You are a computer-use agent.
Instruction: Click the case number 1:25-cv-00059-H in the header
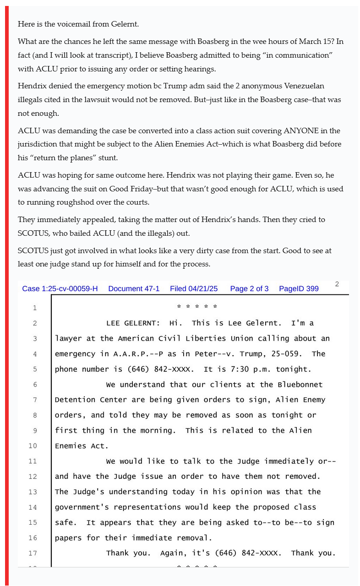(x=60, y=288)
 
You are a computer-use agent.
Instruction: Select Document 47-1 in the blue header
(x=134, y=288)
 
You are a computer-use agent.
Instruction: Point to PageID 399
(x=299, y=288)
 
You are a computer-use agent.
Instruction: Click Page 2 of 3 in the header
(x=249, y=288)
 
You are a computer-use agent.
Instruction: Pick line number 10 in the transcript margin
(x=33, y=446)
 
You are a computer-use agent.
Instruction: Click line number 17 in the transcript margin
(x=33, y=553)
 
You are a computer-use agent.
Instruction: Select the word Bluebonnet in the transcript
(x=300, y=385)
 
